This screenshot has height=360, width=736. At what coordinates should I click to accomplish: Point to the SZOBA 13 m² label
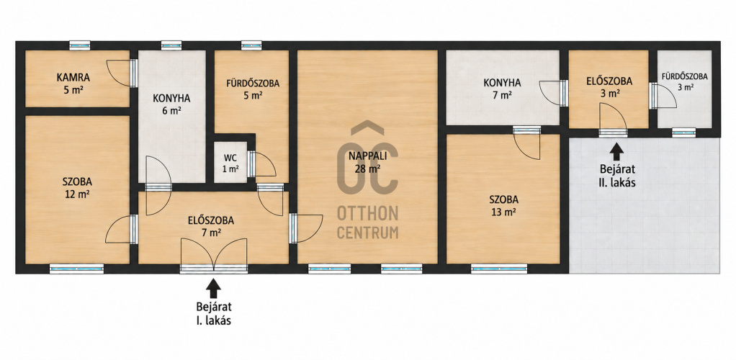[504, 206]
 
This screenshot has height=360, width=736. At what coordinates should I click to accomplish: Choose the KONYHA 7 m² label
[502, 89]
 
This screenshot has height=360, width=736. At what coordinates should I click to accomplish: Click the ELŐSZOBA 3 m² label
[609, 87]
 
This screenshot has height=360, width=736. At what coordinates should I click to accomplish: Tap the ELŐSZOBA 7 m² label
[211, 226]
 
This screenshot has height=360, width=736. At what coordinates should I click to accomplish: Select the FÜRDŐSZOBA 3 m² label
[685, 81]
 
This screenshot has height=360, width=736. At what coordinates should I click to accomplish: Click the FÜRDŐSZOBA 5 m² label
[253, 89]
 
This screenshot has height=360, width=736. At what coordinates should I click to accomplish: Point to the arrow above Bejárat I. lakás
[214, 288]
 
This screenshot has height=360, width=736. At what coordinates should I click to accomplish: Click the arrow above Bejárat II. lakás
[617, 152]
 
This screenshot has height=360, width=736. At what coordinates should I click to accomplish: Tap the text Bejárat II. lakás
[618, 176]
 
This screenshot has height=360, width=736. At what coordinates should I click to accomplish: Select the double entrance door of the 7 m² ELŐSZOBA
[214, 256]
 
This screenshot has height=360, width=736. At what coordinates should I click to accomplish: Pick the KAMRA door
[122, 73]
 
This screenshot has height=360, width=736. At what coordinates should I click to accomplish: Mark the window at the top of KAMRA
[80, 45]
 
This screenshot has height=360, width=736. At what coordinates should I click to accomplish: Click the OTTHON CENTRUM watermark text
[368, 222]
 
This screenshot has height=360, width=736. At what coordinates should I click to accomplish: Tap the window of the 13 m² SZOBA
[499, 269]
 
